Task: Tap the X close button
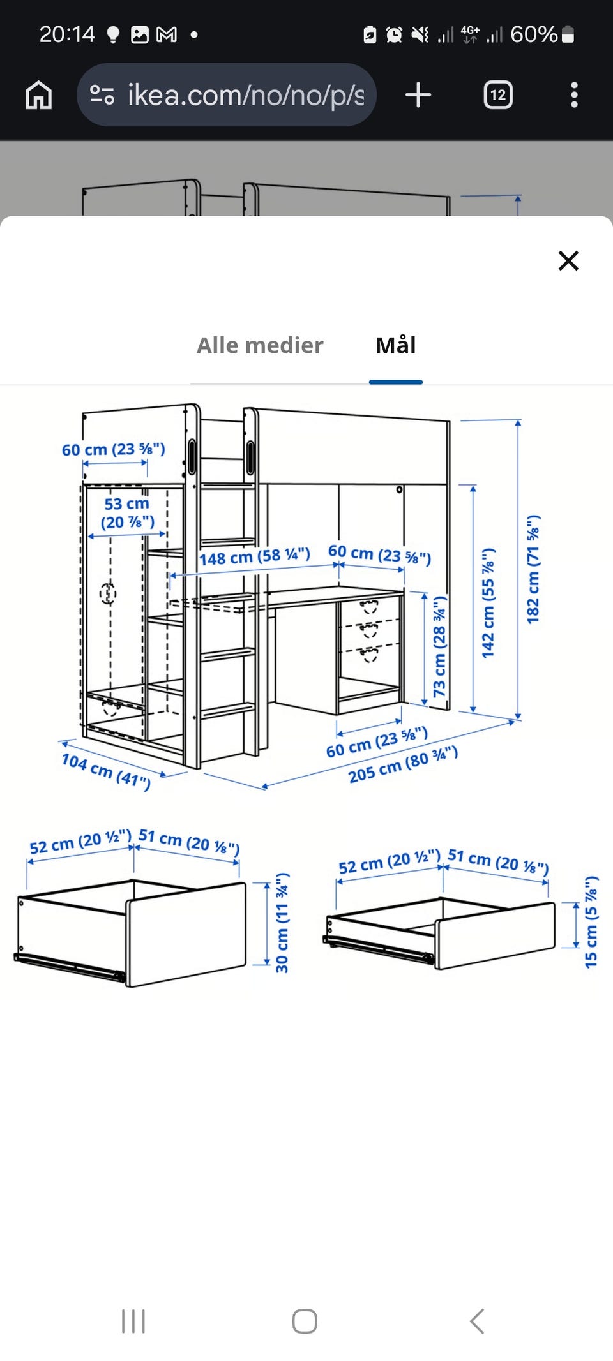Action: tap(568, 260)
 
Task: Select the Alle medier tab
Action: tap(260, 345)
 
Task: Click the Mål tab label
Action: tap(396, 345)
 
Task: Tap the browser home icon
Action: tap(38, 95)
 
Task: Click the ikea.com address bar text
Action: tap(246, 95)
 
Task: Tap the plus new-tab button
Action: tap(418, 95)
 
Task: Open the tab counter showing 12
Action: tap(498, 95)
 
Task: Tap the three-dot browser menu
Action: tap(574, 95)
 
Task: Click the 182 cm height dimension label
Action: tap(533, 569)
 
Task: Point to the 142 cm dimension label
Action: tap(488, 603)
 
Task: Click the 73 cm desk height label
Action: tap(440, 646)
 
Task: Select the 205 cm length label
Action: tap(403, 764)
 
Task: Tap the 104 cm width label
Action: tap(106, 771)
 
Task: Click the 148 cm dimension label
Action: tap(255, 556)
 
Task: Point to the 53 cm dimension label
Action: tap(128, 513)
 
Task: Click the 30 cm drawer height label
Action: tap(282, 923)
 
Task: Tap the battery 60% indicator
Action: tap(542, 34)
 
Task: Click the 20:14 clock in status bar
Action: tap(67, 34)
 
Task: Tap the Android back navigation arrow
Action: tap(476, 1321)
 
